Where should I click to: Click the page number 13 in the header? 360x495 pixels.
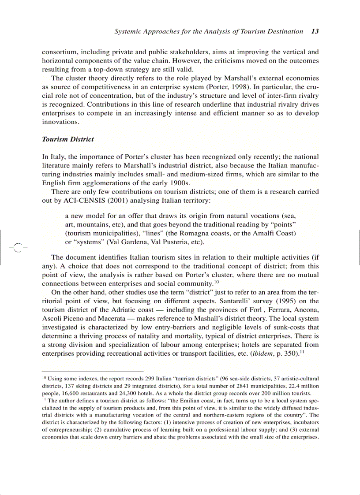(315, 31)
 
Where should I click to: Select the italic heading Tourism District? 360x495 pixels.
(67, 139)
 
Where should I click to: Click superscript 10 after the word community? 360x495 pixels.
(217, 281)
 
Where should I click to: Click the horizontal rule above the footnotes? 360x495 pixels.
(93, 372)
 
